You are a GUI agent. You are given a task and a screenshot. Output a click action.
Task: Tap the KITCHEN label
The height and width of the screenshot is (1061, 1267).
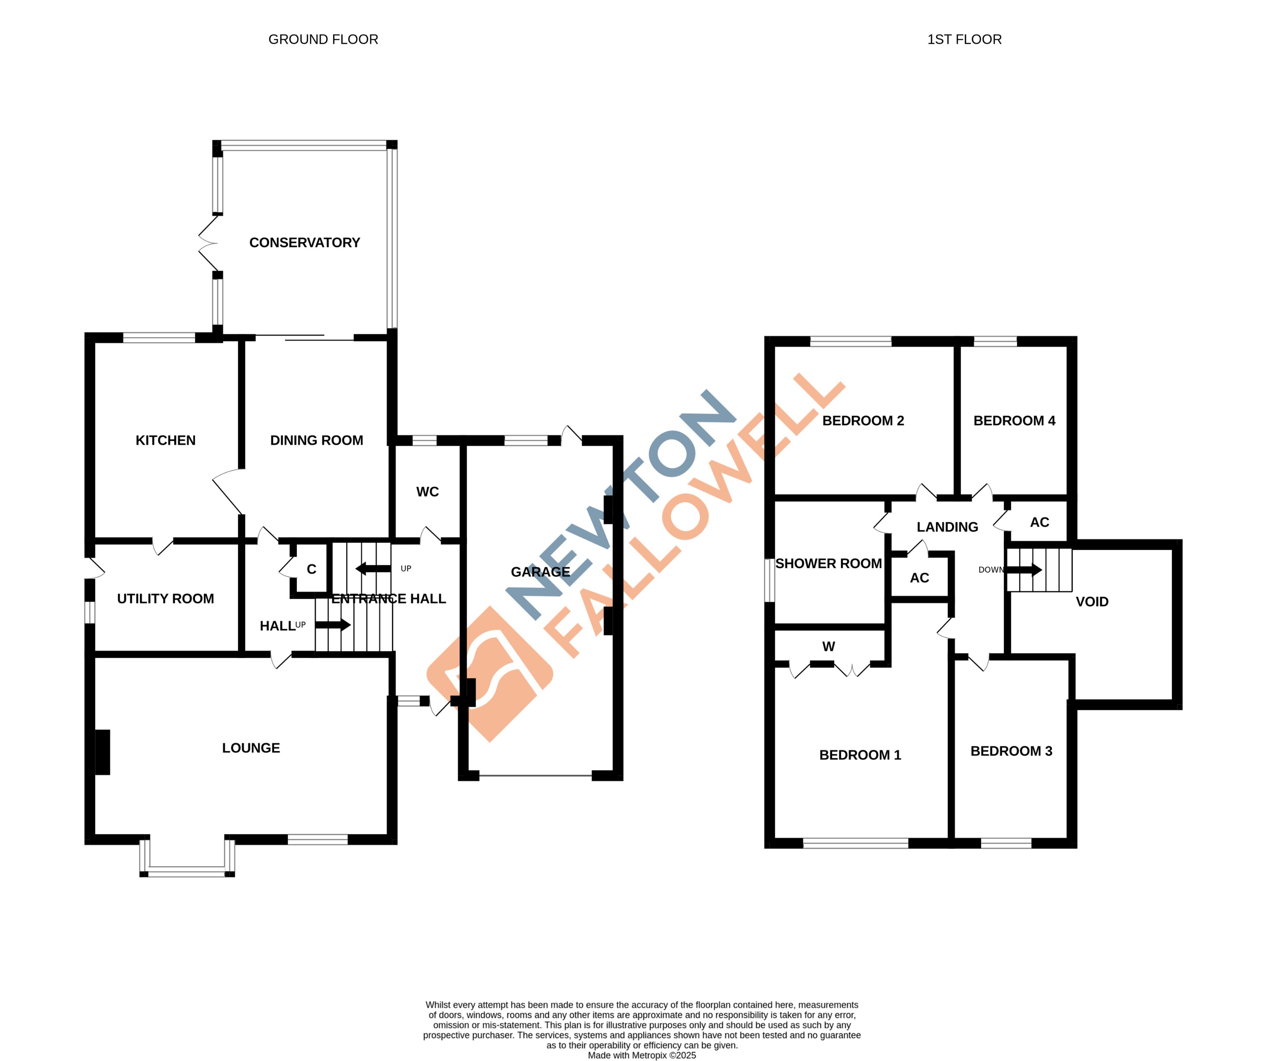[x=165, y=440]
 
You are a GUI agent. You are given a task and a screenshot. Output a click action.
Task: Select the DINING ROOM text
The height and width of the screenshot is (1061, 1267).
[x=316, y=440]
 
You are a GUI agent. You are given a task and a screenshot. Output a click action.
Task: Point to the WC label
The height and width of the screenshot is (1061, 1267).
[x=427, y=492]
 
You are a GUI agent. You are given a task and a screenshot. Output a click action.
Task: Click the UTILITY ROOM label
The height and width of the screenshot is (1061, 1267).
[x=165, y=598]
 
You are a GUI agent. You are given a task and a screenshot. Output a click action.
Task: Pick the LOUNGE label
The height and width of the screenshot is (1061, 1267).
[x=251, y=748]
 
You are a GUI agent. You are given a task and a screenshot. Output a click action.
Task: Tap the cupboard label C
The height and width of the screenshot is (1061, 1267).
[x=311, y=569]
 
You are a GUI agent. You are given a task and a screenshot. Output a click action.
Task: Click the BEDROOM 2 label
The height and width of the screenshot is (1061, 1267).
[x=863, y=421]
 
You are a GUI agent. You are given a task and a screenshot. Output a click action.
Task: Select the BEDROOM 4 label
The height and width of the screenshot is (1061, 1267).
[x=1014, y=421]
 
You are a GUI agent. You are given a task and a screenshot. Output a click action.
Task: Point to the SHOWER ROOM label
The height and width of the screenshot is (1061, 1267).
[x=828, y=563]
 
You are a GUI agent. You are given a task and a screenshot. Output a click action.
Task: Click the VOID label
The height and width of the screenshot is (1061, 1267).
[x=1092, y=601]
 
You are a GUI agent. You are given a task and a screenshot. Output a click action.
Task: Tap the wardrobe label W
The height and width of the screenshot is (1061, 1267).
[x=828, y=647]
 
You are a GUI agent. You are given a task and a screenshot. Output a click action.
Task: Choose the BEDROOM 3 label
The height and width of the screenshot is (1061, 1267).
[x=1011, y=751]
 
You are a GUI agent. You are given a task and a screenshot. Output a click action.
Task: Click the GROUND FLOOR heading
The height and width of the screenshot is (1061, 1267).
[x=323, y=39]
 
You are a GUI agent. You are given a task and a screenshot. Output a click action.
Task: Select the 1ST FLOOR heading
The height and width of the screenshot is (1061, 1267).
[x=964, y=39]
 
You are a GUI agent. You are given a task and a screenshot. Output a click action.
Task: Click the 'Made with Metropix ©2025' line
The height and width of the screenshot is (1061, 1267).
[x=641, y=1055]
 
